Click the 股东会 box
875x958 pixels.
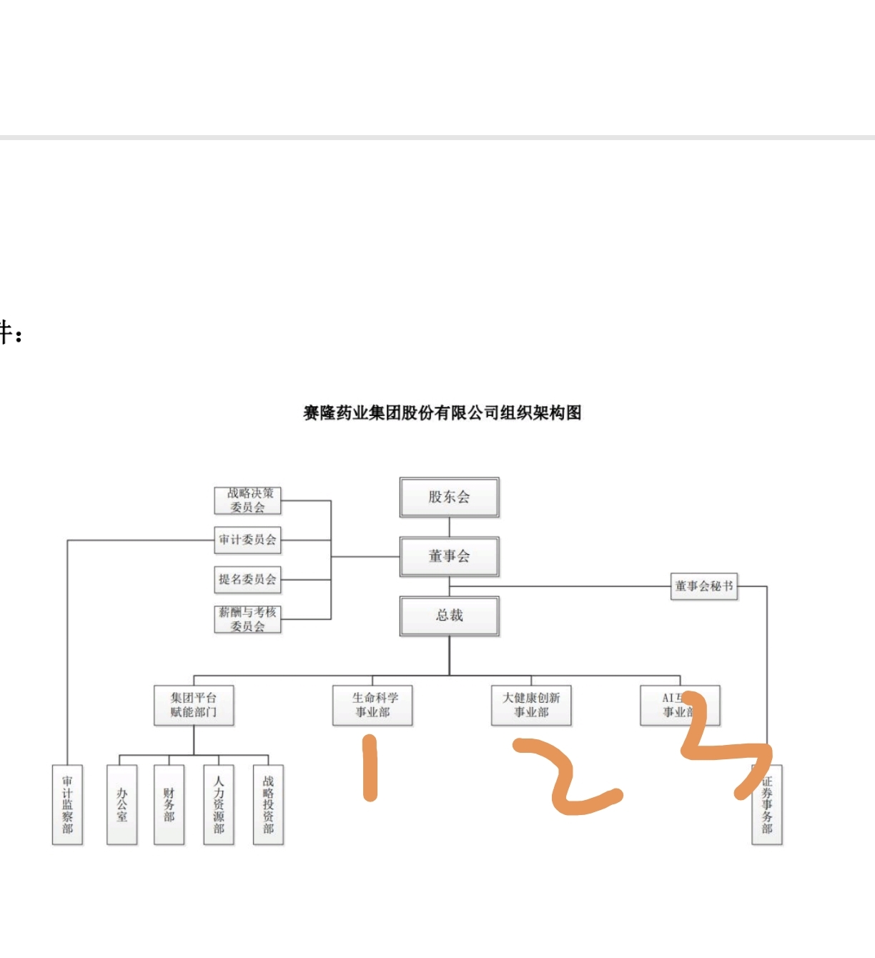coord(449,497)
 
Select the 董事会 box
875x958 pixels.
coord(449,556)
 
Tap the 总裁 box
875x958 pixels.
coord(449,616)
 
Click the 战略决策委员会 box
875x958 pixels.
coord(247,500)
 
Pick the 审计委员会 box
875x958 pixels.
coord(247,540)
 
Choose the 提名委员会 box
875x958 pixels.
coord(247,579)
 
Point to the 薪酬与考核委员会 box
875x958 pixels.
coord(247,619)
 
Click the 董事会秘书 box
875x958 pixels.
coord(703,586)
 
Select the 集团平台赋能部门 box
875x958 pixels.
coord(194,705)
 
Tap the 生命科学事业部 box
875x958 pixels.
coord(372,705)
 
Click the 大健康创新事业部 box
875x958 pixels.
coord(531,705)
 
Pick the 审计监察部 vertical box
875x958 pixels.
coord(67,804)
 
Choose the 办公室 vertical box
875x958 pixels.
coord(122,804)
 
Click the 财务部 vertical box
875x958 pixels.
coord(169,804)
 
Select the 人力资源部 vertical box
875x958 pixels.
coord(219,804)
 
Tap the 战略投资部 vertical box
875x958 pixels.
coord(268,804)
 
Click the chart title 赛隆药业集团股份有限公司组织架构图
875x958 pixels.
coord(443,413)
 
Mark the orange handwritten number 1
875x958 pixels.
coord(370,769)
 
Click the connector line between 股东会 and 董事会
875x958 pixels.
coord(449,527)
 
